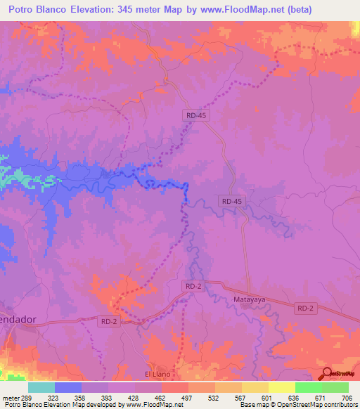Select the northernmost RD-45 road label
pyautogui.click(x=198, y=114)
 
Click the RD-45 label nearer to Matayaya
pyautogui.click(x=231, y=201)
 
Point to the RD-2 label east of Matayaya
pyautogui.click(x=306, y=308)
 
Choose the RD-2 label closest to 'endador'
pyautogui.click(x=108, y=321)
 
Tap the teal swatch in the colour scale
pyautogui.click(x=41, y=387)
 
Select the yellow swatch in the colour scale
pyautogui.click(x=281, y=387)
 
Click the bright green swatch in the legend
pyautogui.click(x=308, y=387)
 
